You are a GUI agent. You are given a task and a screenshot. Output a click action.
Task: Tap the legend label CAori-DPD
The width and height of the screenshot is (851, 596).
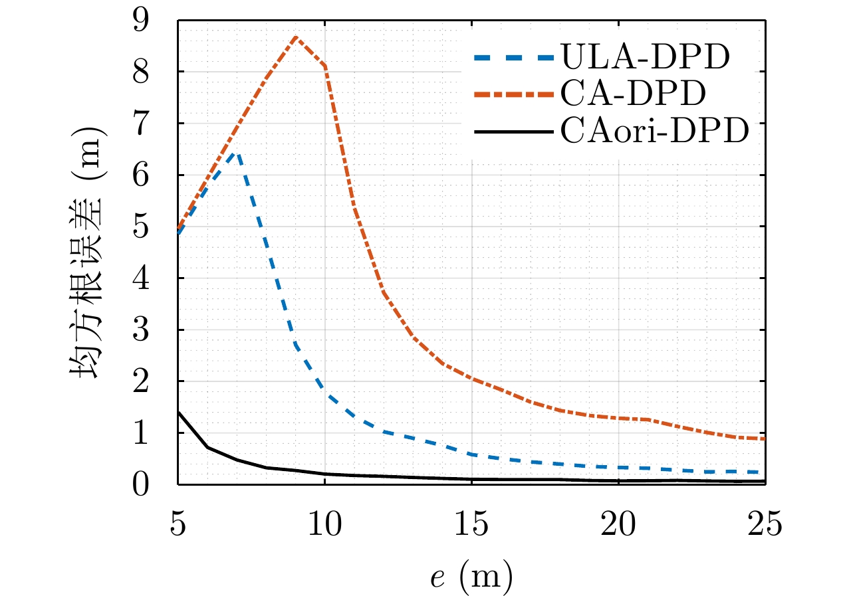(x=656, y=132)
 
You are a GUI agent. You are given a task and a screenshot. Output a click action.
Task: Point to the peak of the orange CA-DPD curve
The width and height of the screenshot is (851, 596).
(x=296, y=37)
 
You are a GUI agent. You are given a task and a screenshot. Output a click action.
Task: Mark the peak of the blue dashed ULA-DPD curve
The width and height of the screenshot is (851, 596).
(x=236, y=153)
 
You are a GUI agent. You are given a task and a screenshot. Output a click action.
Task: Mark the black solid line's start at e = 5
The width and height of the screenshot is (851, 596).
(x=178, y=412)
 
